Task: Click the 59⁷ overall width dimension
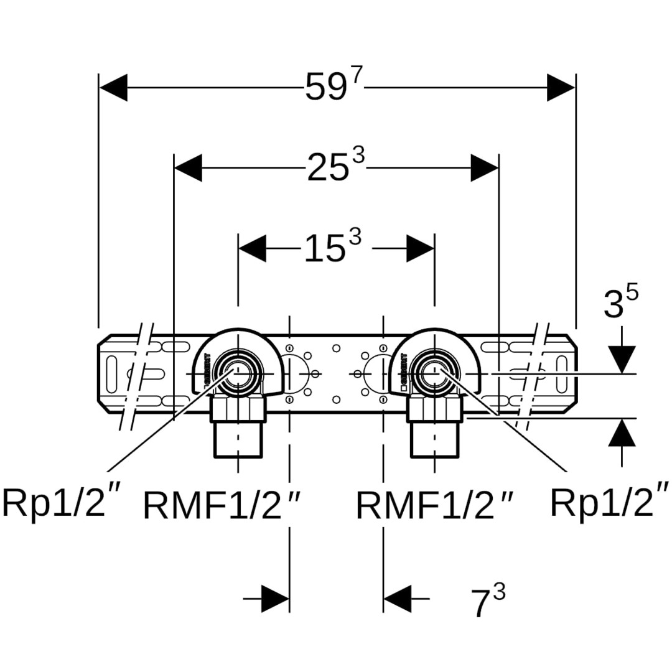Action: pos(332,88)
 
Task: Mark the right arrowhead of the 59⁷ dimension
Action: pos(561,88)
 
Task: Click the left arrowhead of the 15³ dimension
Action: pos(253,248)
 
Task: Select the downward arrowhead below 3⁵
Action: pos(622,359)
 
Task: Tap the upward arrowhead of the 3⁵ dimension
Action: pos(622,433)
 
